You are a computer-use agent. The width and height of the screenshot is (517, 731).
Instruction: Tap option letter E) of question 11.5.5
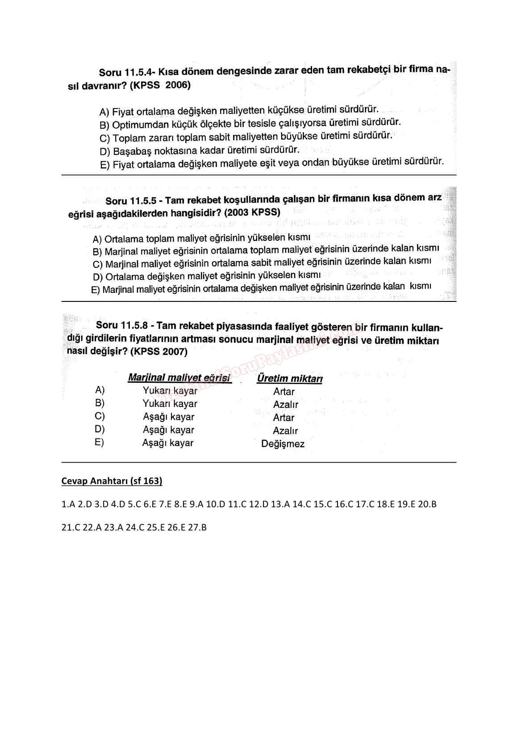coord(96,290)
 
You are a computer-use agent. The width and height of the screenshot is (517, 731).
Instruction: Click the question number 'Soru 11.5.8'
coord(122,326)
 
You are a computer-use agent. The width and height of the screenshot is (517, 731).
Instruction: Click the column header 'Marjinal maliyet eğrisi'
coord(179,378)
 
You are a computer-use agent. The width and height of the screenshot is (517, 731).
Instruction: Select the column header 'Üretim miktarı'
coord(290,379)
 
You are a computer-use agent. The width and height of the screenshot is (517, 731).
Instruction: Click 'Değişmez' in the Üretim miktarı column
coord(283,444)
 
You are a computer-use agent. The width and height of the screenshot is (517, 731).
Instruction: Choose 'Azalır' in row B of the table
coord(285,405)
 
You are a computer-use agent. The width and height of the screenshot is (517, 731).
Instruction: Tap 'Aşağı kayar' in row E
coord(168,443)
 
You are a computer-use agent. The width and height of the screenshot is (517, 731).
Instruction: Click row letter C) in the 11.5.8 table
coord(100,416)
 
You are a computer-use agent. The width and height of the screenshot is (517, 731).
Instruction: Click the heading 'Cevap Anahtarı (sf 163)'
coord(112,481)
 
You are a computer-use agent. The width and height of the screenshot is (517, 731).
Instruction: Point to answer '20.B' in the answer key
coord(427,504)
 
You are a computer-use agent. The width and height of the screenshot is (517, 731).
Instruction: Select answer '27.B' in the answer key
coord(197,527)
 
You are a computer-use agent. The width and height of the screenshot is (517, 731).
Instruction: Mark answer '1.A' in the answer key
coord(68,504)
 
